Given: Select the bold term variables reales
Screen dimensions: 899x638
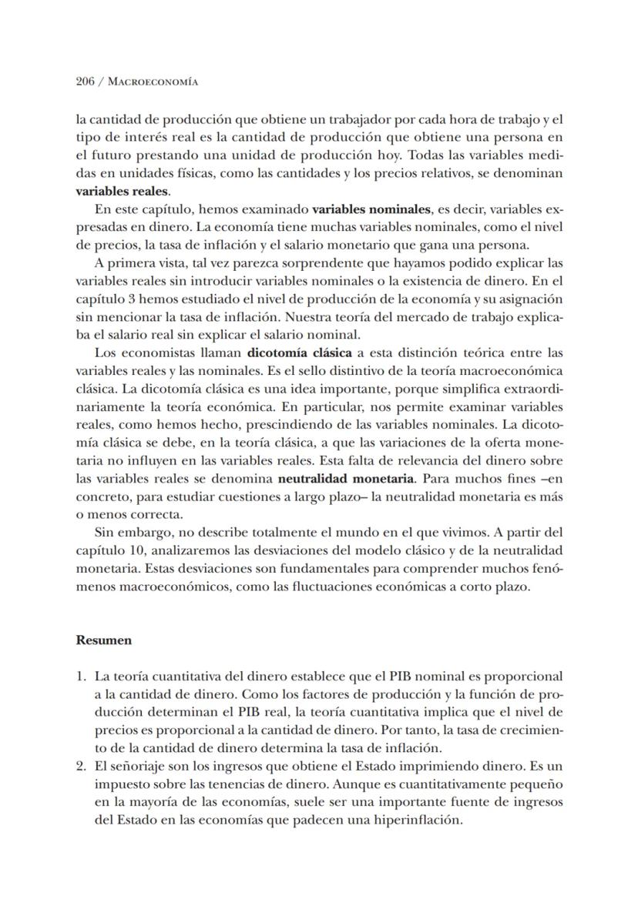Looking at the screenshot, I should coord(122,191).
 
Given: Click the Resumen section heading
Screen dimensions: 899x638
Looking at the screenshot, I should coord(103,640).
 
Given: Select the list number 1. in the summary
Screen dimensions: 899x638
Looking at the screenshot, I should coord(81,677).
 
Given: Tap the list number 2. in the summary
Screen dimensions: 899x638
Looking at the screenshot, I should coord(81,766).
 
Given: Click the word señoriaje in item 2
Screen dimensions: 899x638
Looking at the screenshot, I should coord(133,766).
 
